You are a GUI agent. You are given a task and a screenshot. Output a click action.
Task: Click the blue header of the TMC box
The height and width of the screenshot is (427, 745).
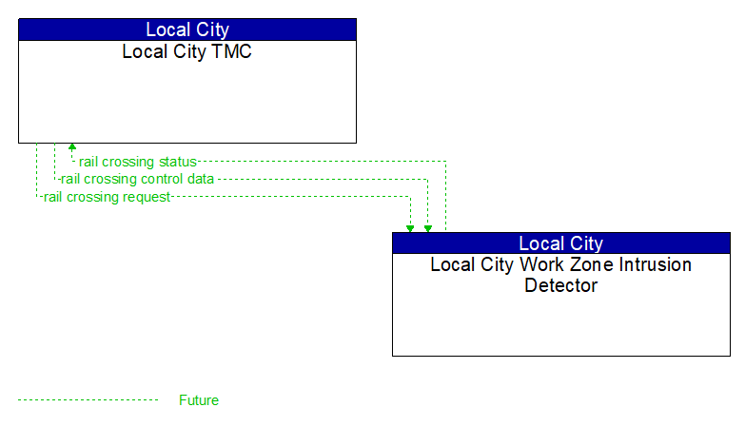click(186, 29)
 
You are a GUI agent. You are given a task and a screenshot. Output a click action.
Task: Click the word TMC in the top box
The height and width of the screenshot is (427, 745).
click(233, 52)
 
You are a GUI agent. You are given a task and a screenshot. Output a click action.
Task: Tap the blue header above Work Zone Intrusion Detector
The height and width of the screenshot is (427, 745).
click(560, 243)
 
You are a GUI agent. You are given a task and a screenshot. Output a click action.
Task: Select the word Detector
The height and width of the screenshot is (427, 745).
click(560, 285)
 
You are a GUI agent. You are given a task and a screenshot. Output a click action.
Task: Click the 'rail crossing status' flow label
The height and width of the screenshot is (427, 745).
click(137, 162)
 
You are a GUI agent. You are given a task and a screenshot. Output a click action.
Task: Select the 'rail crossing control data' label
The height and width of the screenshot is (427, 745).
click(137, 179)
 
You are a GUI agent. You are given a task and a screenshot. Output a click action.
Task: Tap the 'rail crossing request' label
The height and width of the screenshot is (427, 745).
click(107, 197)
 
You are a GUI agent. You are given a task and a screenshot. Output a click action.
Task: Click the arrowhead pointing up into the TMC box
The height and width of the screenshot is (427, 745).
click(72, 148)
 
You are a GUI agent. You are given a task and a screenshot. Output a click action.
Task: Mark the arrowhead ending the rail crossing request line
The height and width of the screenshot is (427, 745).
click(410, 228)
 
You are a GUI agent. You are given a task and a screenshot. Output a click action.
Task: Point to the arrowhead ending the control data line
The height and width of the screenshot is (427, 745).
click(428, 228)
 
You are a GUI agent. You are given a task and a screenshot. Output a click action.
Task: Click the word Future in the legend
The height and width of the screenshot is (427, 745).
click(199, 400)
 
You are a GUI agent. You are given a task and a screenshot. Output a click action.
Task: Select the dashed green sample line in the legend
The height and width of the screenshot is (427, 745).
click(88, 400)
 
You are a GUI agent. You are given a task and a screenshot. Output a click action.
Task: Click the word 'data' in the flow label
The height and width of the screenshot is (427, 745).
click(200, 179)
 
